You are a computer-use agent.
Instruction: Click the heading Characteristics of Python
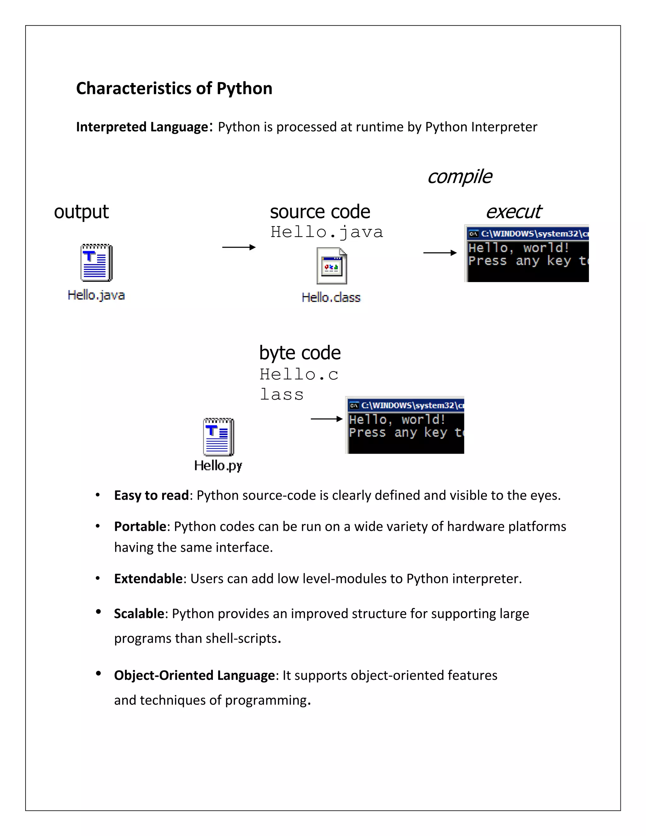tap(174, 88)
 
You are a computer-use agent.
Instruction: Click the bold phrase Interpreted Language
tap(142, 127)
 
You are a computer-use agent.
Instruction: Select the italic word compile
tap(460, 177)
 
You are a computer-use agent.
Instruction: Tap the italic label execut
tap(513, 212)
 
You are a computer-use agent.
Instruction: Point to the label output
tap(81, 212)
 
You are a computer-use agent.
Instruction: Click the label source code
tap(320, 212)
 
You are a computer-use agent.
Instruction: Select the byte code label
tap(300, 353)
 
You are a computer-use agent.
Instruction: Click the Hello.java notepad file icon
tap(97, 262)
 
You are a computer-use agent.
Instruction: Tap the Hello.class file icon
tap(332, 266)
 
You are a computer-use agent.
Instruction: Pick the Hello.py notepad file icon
tap(219, 437)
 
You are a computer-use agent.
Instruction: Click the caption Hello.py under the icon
tap(218, 466)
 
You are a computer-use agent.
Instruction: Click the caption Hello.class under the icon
tap(331, 297)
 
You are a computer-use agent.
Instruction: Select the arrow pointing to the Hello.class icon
tap(239, 247)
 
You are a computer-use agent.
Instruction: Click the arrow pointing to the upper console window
tap(440, 253)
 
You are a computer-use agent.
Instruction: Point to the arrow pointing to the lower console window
tap(326, 419)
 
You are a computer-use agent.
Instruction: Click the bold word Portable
tap(140, 527)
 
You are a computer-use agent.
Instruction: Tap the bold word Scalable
tap(139, 614)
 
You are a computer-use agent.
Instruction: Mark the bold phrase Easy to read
tap(151, 495)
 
